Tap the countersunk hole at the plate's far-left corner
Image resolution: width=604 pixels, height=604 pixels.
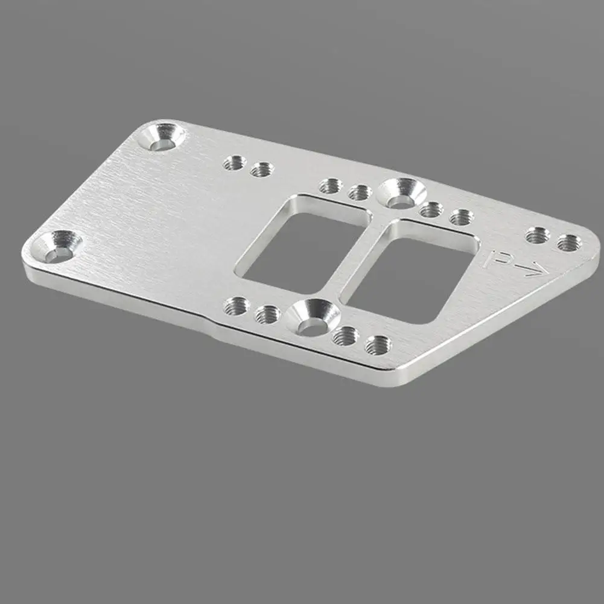[x=59, y=247]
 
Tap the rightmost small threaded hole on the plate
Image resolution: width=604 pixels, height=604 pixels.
[x=569, y=243]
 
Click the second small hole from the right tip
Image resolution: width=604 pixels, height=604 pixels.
[x=536, y=235]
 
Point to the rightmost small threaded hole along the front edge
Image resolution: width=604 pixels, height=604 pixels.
[x=378, y=345]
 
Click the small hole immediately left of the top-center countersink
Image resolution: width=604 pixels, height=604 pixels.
[x=360, y=192]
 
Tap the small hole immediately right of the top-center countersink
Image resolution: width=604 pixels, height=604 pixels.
[x=431, y=209]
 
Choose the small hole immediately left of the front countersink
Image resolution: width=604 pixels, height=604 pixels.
[x=267, y=314]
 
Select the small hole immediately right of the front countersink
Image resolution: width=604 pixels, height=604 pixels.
[x=346, y=335]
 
